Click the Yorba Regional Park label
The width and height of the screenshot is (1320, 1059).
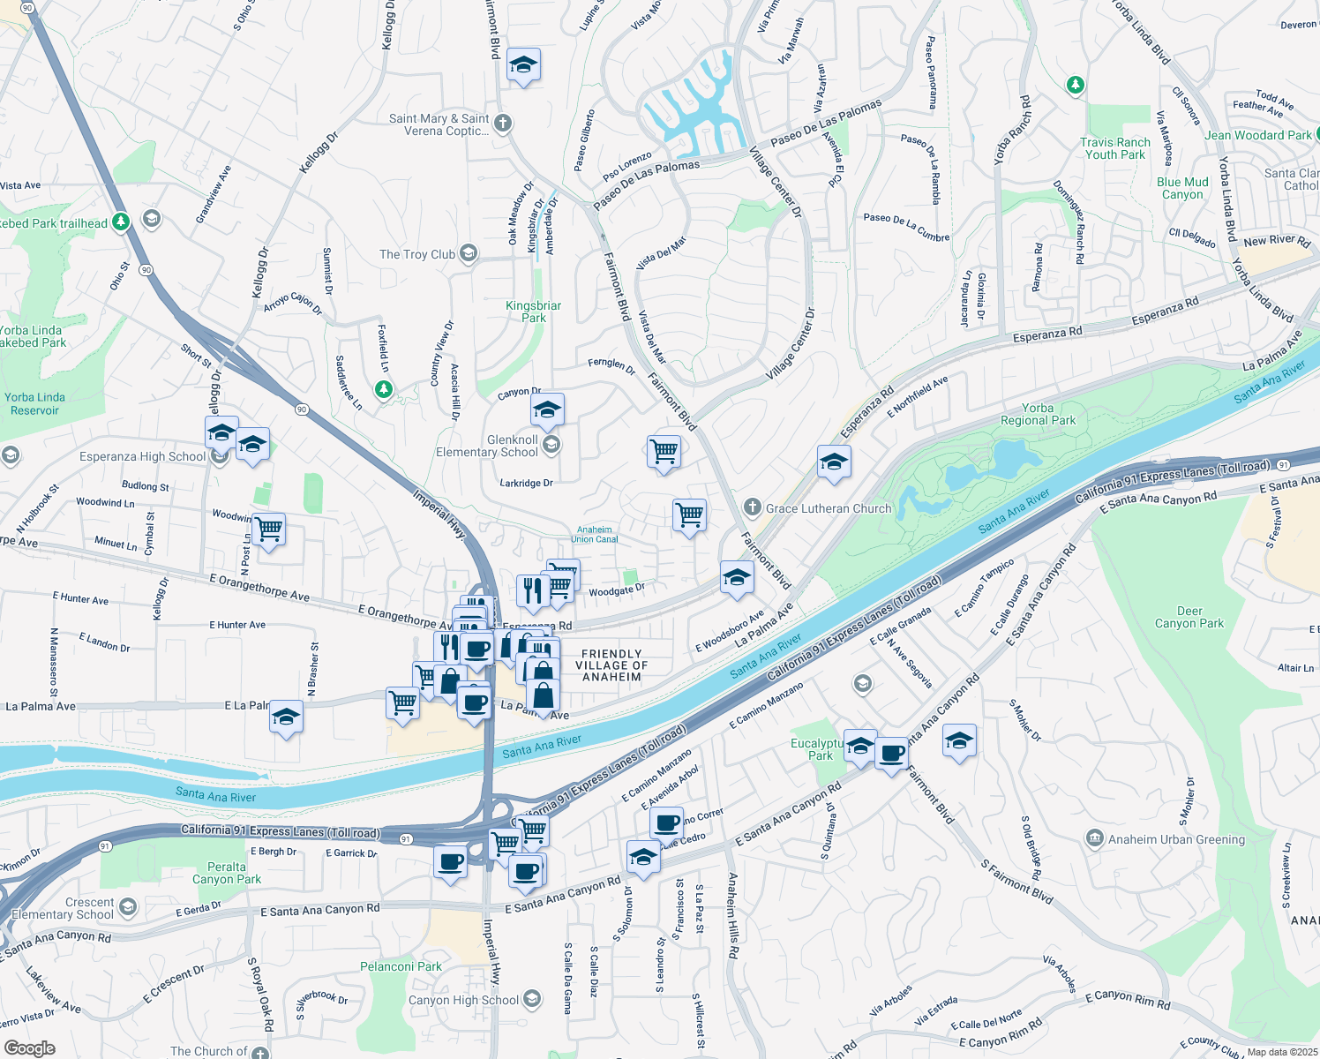[1038, 415]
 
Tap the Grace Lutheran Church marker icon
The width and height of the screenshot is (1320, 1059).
[752, 507]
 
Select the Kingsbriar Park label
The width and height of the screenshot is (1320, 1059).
[533, 312]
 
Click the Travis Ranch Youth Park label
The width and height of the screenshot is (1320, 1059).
[1115, 148]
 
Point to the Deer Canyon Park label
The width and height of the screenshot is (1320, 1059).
[1189, 617]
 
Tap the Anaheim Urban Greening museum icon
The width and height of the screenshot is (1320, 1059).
[1095, 838]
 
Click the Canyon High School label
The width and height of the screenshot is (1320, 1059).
[463, 1000]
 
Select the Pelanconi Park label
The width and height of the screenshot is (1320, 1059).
[401, 966]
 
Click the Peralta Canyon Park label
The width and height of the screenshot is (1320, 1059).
[227, 873]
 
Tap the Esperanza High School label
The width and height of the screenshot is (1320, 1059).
[142, 456]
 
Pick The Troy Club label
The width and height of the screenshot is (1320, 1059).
[417, 254]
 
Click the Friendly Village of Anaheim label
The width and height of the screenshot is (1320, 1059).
[611, 665]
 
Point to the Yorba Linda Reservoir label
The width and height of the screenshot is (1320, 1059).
[34, 403]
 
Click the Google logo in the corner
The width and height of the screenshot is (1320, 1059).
[29, 1048]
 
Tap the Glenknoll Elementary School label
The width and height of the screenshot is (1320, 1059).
[487, 446]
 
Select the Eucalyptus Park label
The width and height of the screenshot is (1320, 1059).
[819, 749]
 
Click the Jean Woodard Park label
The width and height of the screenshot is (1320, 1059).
[1257, 135]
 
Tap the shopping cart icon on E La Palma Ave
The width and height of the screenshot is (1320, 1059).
[402, 703]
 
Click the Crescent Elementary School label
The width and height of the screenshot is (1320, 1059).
[63, 908]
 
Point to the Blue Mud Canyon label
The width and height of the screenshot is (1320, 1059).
[1182, 188]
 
